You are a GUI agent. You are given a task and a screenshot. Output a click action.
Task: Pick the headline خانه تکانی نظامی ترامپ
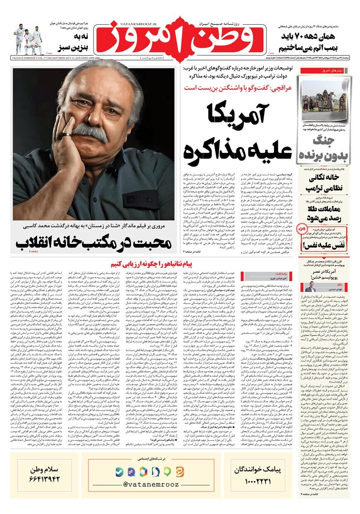(325, 182)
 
